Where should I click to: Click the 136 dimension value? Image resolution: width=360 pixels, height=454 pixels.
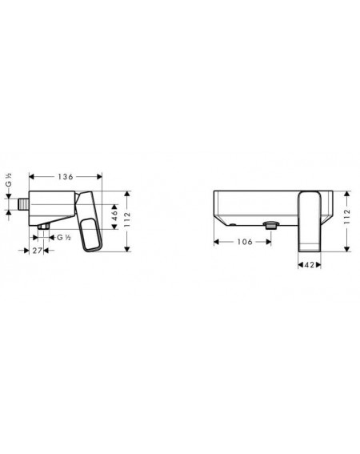(x=66, y=176)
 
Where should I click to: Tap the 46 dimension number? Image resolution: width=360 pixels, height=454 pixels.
(x=115, y=216)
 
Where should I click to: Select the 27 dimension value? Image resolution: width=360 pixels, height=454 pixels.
(x=37, y=250)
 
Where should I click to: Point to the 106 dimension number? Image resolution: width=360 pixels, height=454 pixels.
(x=245, y=242)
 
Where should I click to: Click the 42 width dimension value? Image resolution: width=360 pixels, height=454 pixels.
(x=310, y=265)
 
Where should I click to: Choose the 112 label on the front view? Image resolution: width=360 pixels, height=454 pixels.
(x=347, y=216)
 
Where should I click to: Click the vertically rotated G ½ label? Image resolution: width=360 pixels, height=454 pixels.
(x=9, y=180)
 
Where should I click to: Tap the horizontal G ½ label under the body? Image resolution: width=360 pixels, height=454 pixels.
(x=64, y=238)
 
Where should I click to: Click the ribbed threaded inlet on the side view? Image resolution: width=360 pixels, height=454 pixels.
(x=23, y=203)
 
